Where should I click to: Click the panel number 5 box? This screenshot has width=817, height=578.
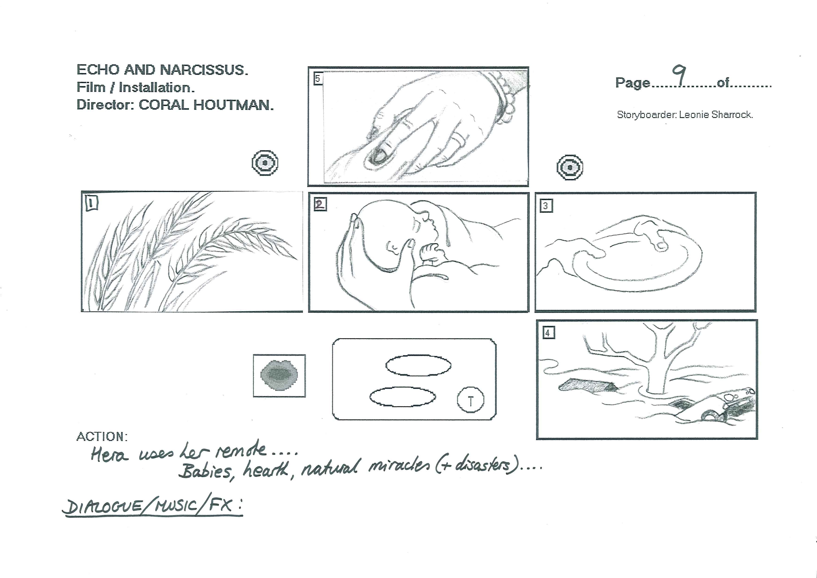click(318, 78)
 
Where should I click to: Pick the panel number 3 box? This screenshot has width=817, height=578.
click(546, 206)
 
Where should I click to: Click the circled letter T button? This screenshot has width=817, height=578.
click(470, 400)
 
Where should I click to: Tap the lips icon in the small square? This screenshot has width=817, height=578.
click(279, 375)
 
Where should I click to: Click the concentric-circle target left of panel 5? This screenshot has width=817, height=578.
click(265, 163)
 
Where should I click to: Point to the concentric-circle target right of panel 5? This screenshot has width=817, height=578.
click(570, 167)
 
